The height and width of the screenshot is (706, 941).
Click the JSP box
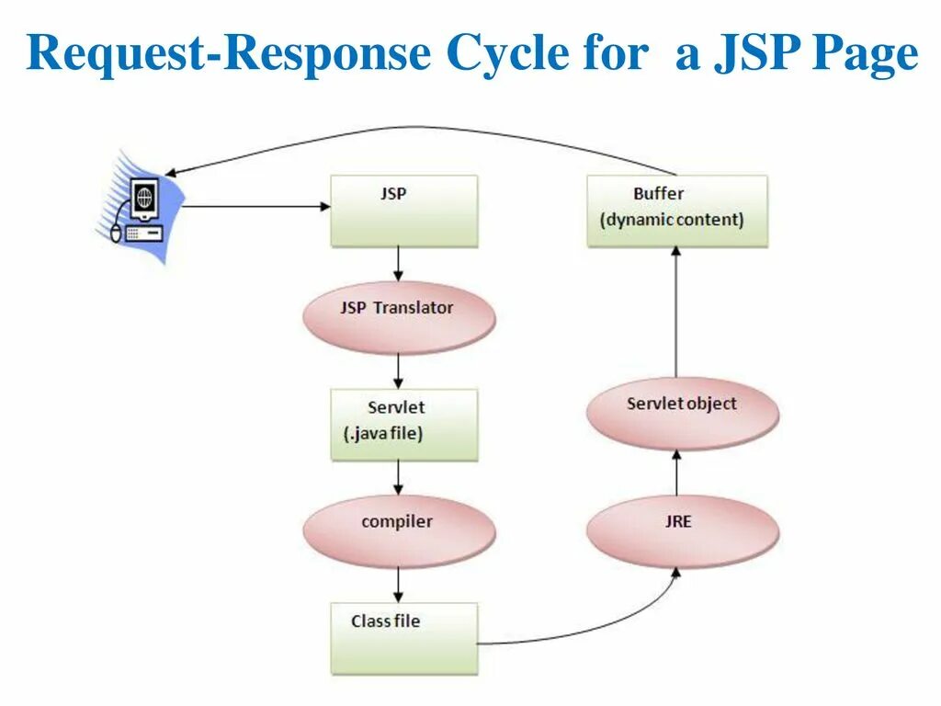pyautogui.click(x=403, y=211)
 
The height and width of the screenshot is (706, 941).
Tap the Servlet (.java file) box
pyautogui.click(x=403, y=424)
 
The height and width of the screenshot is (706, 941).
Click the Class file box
pyautogui.click(x=403, y=638)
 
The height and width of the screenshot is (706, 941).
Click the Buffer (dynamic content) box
pyautogui.click(x=676, y=211)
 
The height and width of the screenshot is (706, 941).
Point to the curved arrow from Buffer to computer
pyautogui.click(x=414, y=131)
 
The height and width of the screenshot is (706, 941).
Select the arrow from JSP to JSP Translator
pyautogui.click(x=398, y=264)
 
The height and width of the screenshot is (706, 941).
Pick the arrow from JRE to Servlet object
pyautogui.click(x=677, y=473)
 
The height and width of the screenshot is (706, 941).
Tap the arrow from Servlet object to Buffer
pyautogui.click(x=677, y=313)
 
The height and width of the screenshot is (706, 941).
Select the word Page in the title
pyautogui.click(x=866, y=55)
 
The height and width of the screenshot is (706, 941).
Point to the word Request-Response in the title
pyautogui.click(x=229, y=55)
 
